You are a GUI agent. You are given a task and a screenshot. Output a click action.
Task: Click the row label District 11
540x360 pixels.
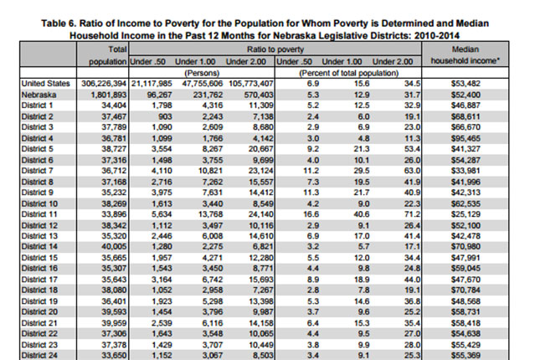pyautogui.click(x=39, y=214)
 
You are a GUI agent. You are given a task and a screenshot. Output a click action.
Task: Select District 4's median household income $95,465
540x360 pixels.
pyautogui.click(x=465, y=138)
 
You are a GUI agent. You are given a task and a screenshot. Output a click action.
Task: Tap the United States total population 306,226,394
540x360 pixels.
pyautogui.click(x=104, y=84)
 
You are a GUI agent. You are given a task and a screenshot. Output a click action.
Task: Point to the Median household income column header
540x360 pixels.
pyautogui.click(x=465, y=55)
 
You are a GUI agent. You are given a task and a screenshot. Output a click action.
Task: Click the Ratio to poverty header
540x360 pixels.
pyautogui.click(x=275, y=49)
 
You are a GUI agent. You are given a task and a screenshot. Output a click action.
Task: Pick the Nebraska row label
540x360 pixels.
pyautogui.click(x=39, y=95)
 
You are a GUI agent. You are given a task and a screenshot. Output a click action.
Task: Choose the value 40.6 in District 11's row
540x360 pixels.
pyautogui.click(x=362, y=214)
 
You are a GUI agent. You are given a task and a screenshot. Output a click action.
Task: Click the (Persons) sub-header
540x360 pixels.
pyautogui.click(x=202, y=73)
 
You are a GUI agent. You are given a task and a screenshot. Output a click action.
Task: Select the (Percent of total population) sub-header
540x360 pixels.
pyautogui.click(x=348, y=73)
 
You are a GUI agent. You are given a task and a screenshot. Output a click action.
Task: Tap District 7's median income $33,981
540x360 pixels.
pyautogui.click(x=465, y=171)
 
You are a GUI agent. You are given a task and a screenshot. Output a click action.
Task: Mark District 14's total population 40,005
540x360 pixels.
pyautogui.click(x=114, y=247)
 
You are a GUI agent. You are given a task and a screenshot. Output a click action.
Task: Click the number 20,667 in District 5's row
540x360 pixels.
pyautogui.click(x=260, y=149)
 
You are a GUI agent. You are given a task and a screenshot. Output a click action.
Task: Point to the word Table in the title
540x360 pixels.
pyautogui.click(x=53, y=23)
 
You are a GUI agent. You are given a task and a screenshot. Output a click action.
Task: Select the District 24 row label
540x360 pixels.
pyautogui.click(x=39, y=355)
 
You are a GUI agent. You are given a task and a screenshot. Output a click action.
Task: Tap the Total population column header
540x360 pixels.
pyautogui.click(x=108, y=55)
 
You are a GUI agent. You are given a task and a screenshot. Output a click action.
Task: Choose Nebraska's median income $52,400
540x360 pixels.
pyautogui.click(x=465, y=95)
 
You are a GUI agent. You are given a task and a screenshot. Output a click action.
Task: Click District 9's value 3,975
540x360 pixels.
pyautogui.click(x=162, y=193)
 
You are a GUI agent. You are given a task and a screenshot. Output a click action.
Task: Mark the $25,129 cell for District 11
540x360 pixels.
pyautogui.click(x=465, y=214)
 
